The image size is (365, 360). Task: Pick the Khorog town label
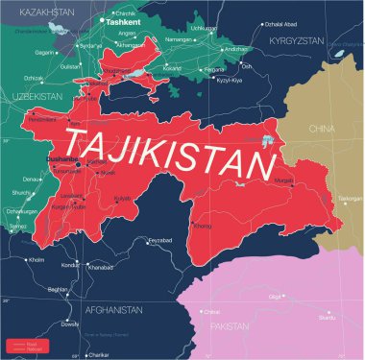tap(203, 227)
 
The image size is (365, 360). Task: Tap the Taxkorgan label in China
tap(350, 200)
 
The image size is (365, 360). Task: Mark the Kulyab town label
tap(122, 199)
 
